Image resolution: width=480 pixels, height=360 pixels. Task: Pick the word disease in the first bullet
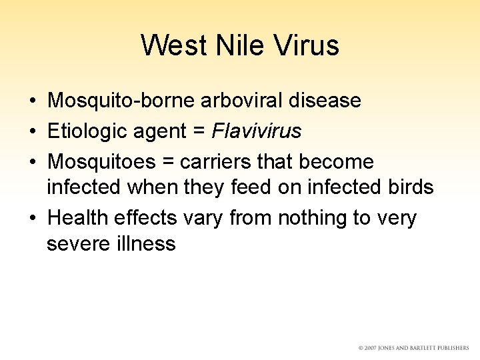(x=327, y=101)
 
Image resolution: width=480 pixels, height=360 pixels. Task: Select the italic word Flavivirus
(x=257, y=131)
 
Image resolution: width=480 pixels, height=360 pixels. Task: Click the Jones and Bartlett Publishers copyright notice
(x=413, y=348)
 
